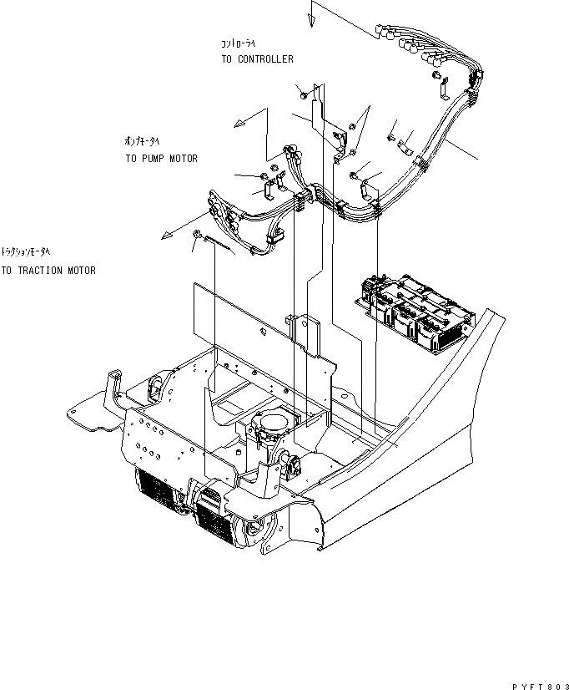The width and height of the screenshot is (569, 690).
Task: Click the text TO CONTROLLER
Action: point(257,59)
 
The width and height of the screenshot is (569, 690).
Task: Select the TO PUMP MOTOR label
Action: point(162,159)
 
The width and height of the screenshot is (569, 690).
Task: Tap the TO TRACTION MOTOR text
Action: point(48,271)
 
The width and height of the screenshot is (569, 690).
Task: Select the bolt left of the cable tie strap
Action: point(198,235)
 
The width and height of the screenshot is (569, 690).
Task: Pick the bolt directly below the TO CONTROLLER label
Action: point(299,89)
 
